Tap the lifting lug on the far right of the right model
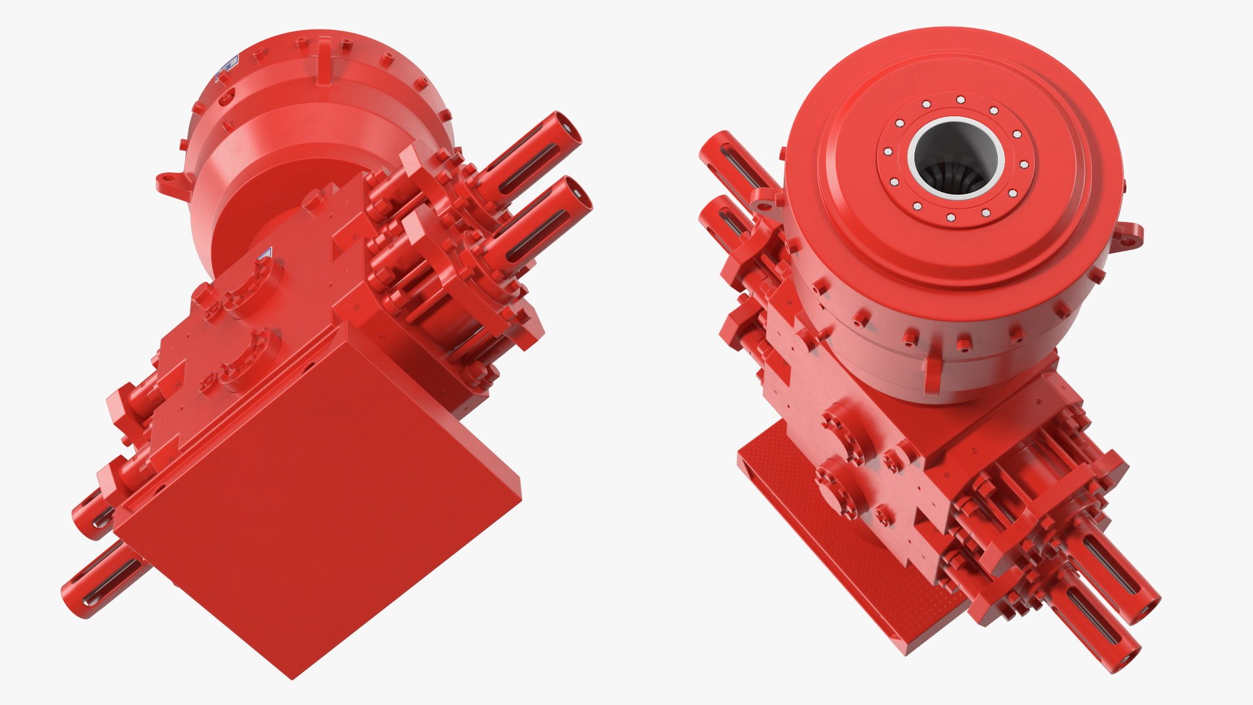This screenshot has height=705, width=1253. click(1133, 234)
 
